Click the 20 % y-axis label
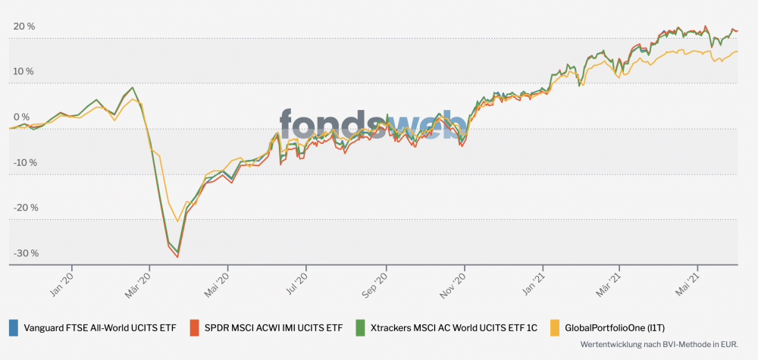[x=24, y=27]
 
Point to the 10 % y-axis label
[x=24, y=72]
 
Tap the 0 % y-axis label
[x=22, y=117]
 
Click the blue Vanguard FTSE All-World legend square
[x=14, y=327]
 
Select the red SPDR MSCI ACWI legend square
[x=195, y=327]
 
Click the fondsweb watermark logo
[x=373, y=123]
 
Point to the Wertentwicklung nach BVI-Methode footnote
[x=659, y=344]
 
